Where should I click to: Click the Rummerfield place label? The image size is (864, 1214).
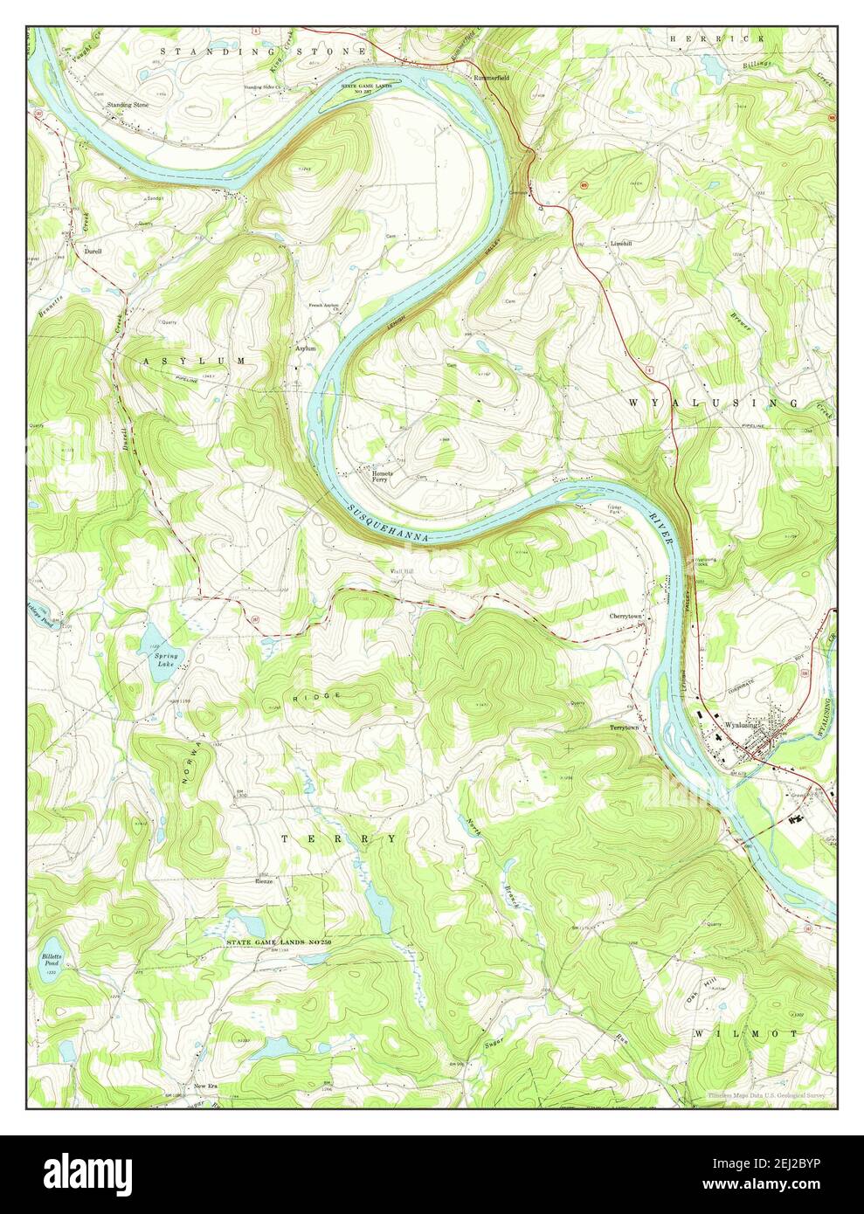[490, 77]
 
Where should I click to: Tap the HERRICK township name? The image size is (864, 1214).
[716, 39]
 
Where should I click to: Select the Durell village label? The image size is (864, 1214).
[93, 251]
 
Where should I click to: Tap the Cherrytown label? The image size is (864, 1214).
[626, 616]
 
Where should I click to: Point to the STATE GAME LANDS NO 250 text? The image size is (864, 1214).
[287, 942]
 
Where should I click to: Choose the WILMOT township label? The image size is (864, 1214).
[747, 1033]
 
